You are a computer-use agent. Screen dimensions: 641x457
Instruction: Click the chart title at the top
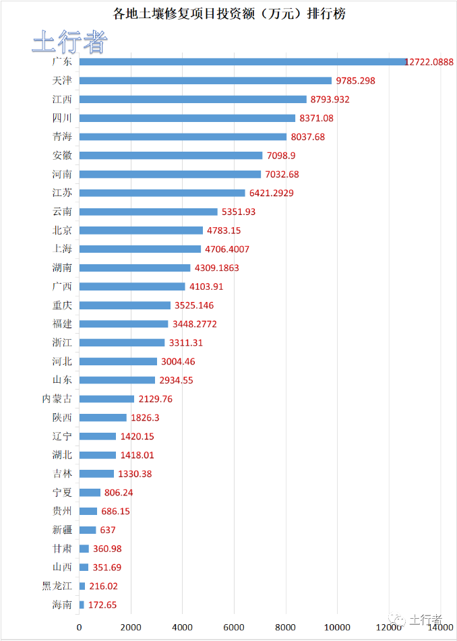point(228,13)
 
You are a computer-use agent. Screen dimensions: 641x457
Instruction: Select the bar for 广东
point(243,61)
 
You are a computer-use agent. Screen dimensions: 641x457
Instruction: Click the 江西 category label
point(62,99)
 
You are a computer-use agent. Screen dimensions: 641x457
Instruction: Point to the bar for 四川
point(187,118)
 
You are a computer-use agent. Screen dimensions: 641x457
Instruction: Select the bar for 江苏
point(162,193)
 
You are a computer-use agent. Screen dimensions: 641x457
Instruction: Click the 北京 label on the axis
point(62,231)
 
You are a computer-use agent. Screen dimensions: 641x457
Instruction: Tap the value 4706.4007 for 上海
point(228,249)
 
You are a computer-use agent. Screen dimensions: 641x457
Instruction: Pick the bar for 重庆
point(125,305)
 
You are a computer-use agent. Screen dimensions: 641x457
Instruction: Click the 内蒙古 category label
point(57,399)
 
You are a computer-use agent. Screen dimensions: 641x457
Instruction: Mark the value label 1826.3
point(145,418)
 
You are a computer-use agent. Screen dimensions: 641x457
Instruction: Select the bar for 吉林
point(96,474)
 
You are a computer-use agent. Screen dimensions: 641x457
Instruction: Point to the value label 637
point(108,530)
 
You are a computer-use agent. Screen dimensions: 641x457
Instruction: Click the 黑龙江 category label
point(57,586)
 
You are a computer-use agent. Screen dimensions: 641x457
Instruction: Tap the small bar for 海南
point(82,605)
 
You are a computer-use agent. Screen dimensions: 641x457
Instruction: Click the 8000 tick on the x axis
point(285,628)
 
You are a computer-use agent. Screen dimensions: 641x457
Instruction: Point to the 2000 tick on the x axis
point(131,628)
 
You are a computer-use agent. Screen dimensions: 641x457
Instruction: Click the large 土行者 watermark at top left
point(70,42)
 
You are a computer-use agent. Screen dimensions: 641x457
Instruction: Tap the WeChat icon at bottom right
point(400,619)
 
